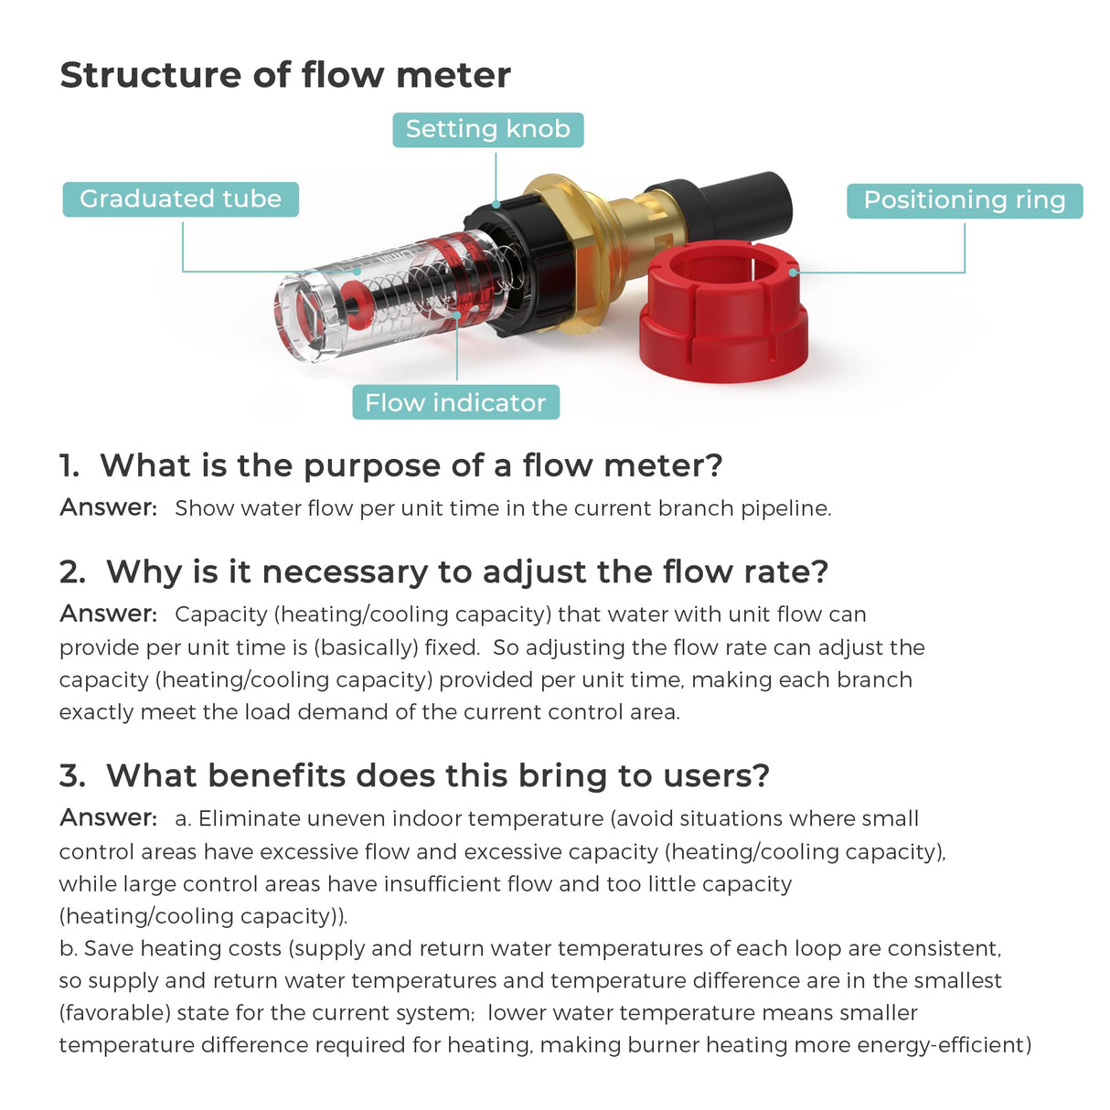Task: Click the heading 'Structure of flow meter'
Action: (x=284, y=75)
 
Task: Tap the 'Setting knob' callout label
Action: (x=487, y=129)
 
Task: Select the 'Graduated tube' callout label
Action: (x=180, y=198)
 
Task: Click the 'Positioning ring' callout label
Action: (x=964, y=199)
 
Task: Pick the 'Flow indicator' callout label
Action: (x=455, y=402)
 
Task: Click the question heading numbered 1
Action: (x=391, y=465)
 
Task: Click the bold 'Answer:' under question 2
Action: (x=108, y=614)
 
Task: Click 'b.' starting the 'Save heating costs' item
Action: (x=69, y=948)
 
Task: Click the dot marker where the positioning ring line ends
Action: (x=794, y=272)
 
